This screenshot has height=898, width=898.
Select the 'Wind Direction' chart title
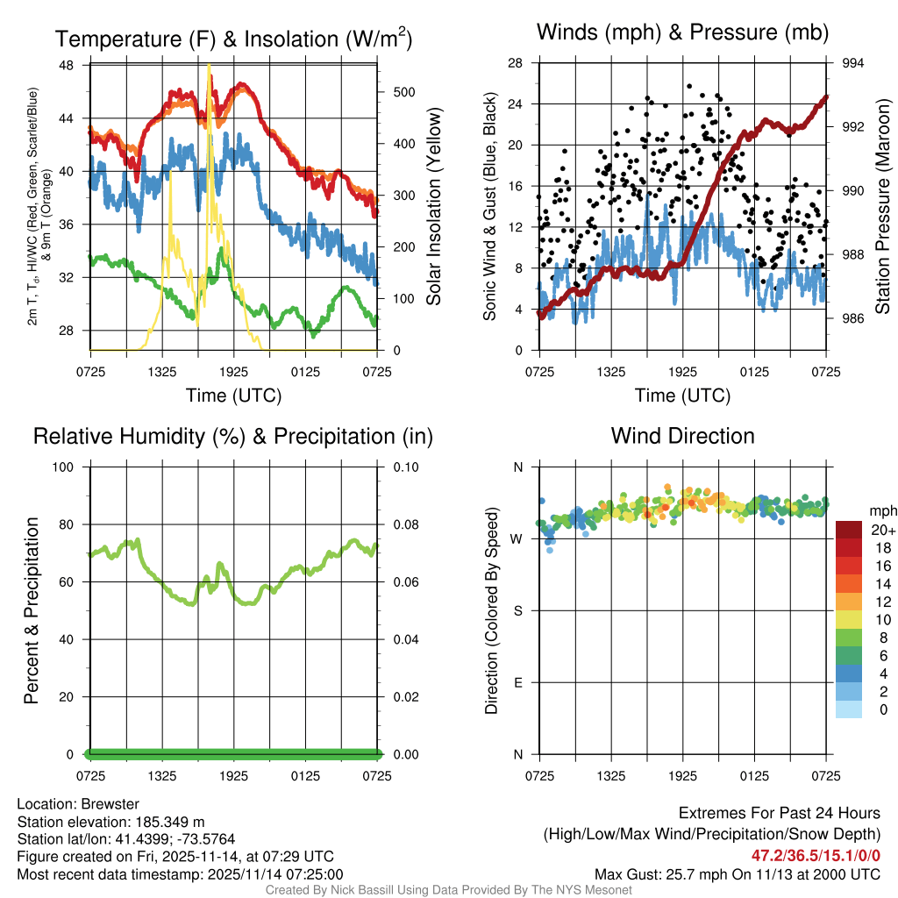click(x=683, y=436)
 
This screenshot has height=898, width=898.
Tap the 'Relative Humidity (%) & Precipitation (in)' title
click(x=233, y=436)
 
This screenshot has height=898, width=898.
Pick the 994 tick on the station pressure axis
click(x=853, y=63)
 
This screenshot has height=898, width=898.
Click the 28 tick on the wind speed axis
click(x=516, y=63)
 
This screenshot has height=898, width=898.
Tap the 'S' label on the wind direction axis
click(x=517, y=610)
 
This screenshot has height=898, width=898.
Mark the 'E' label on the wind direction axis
click(x=517, y=682)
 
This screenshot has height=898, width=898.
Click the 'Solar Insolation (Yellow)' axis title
click(x=434, y=206)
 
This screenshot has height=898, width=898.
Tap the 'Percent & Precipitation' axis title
click(x=32, y=610)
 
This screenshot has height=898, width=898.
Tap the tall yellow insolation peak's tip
click(x=209, y=65)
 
